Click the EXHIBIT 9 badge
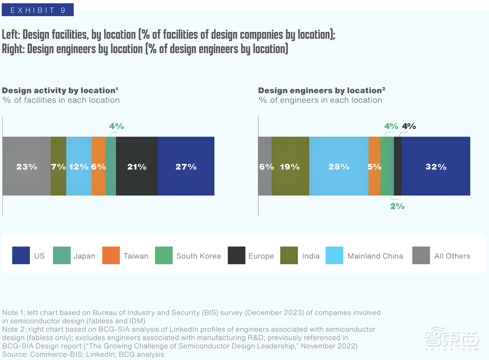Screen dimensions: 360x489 (x=38, y=10)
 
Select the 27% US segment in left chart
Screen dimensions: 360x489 (x=186, y=166)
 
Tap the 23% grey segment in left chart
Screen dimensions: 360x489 (x=26, y=166)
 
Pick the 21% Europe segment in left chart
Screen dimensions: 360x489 (x=137, y=166)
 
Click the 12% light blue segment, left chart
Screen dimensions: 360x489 (x=79, y=166)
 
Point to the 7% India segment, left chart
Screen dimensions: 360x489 (x=58, y=166)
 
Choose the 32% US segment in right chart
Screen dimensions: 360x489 (x=436, y=166)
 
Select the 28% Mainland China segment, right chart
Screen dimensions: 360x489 (x=339, y=166)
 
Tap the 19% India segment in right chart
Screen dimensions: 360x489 (x=290, y=166)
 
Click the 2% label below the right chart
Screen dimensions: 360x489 (x=397, y=206)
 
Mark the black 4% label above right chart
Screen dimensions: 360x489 (x=409, y=126)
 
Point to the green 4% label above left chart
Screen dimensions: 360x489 (x=116, y=126)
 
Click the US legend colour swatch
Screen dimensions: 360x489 (x=21, y=256)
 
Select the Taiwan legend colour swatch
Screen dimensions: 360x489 (x=111, y=256)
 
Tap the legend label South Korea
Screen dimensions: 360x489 (x=199, y=256)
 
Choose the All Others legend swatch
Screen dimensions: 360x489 (x=421, y=256)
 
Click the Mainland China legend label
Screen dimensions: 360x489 (x=375, y=256)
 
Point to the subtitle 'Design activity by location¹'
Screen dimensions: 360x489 (x=60, y=90)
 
